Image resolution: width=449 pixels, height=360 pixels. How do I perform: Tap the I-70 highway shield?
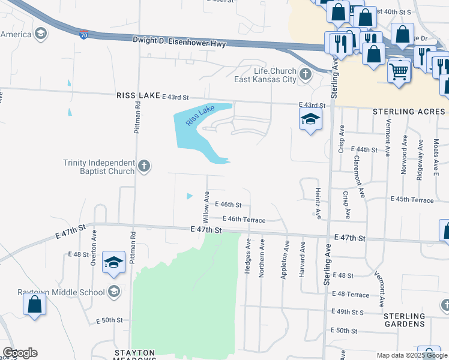(x=83, y=35)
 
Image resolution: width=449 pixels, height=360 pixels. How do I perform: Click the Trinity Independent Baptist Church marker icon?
(x=143, y=166)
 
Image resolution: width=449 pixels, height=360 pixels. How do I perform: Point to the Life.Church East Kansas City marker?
(x=306, y=75)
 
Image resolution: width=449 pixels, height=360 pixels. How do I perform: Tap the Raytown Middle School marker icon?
(x=114, y=292)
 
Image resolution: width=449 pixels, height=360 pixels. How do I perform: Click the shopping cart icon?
(x=399, y=73)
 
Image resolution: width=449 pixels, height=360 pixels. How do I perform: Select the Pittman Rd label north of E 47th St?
(x=137, y=117)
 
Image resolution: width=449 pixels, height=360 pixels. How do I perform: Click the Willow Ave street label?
(x=206, y=205)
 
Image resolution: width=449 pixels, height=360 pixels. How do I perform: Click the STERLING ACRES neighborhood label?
(x=409, y=112)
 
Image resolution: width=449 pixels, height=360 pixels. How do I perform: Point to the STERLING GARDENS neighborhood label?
(x=404, y=319)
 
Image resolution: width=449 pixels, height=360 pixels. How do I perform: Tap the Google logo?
(x=20, y=353)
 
